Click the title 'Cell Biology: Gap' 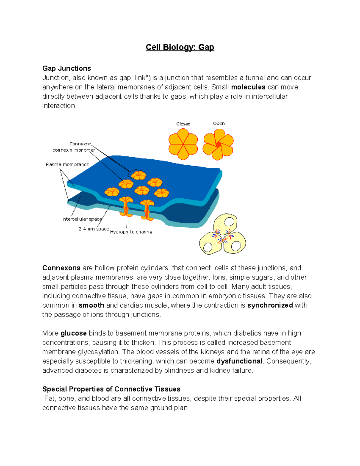click(x=180, y=47)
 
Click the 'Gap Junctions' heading click(x=67, y=68)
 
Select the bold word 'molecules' click(x=248, y=87)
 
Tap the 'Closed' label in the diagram click(x=183, y=124)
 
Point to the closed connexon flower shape click(x=183, y=144)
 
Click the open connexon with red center click(x=218, y=144)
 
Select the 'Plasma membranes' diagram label click(x=67, y=164)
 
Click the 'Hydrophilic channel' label click(x=131, y=232)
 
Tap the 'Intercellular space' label click(x=82, y=219)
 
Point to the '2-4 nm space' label click(x=94, y=229)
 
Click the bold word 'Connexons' click(x=61, y=268)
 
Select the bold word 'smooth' click(x=91, y=305)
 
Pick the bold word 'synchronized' click(x=270, y=305)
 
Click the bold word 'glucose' click(x=73, y=333)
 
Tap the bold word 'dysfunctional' click(x=239, y=361)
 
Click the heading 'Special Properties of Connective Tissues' click(x=111, y=389)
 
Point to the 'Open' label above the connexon click(x=219, y=124)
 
